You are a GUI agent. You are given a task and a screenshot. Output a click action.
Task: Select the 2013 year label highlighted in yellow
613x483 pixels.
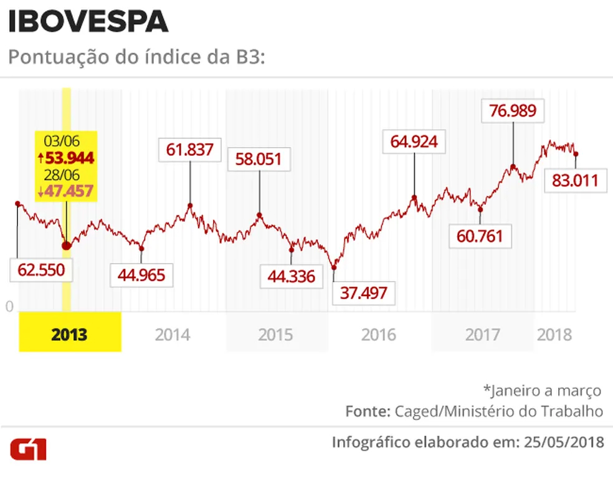click(x=69, y=334)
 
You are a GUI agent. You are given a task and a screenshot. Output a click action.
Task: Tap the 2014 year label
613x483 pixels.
click(x=173, y=334)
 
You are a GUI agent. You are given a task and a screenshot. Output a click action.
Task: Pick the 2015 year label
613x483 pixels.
click(x=275, y=334)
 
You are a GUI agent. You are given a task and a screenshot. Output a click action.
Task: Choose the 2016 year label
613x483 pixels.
click(x=378, y=334)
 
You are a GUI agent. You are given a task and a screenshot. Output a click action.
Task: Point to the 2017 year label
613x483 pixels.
click(x=482, y=334)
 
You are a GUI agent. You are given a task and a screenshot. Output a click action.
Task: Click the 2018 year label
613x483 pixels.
click(x=554, y=334)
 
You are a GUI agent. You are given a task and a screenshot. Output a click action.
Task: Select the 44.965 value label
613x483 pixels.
click(x=141, y=274)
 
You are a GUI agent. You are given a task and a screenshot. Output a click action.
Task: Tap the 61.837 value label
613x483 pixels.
click(x=189, y=150)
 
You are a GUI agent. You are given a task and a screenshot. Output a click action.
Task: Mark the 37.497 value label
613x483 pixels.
click(x=364, y=292)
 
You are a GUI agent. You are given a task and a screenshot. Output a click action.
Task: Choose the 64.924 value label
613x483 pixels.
click(x=414, y=141)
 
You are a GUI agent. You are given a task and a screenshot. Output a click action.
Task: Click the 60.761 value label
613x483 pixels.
click(x=479, y=237)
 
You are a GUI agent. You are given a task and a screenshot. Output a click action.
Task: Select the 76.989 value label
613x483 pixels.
click(x=513, y=113)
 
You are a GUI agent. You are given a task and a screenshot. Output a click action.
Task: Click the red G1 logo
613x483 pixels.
click(x=27, y=449)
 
